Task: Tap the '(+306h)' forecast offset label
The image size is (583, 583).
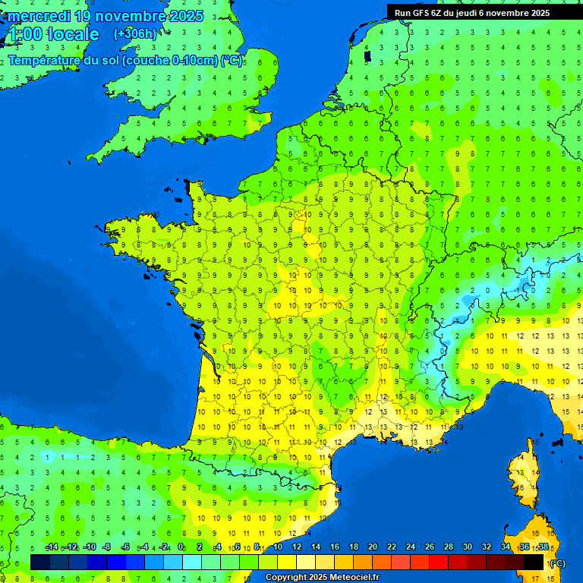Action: click(134, 33)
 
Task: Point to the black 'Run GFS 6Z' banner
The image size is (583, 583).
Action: click(483, 12)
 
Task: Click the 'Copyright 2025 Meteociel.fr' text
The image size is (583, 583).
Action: click(322, 577)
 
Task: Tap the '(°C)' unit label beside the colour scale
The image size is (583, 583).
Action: click(556, 563)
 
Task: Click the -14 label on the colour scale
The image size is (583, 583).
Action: click(52, 547)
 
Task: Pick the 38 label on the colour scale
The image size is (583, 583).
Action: click(543, 547)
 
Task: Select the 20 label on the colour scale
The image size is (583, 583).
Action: click(372, 547)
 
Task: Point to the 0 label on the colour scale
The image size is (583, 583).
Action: click(181, 547)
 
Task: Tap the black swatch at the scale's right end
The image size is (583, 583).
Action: click(534, 562)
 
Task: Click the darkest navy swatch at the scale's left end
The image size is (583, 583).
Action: click(40, 562)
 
